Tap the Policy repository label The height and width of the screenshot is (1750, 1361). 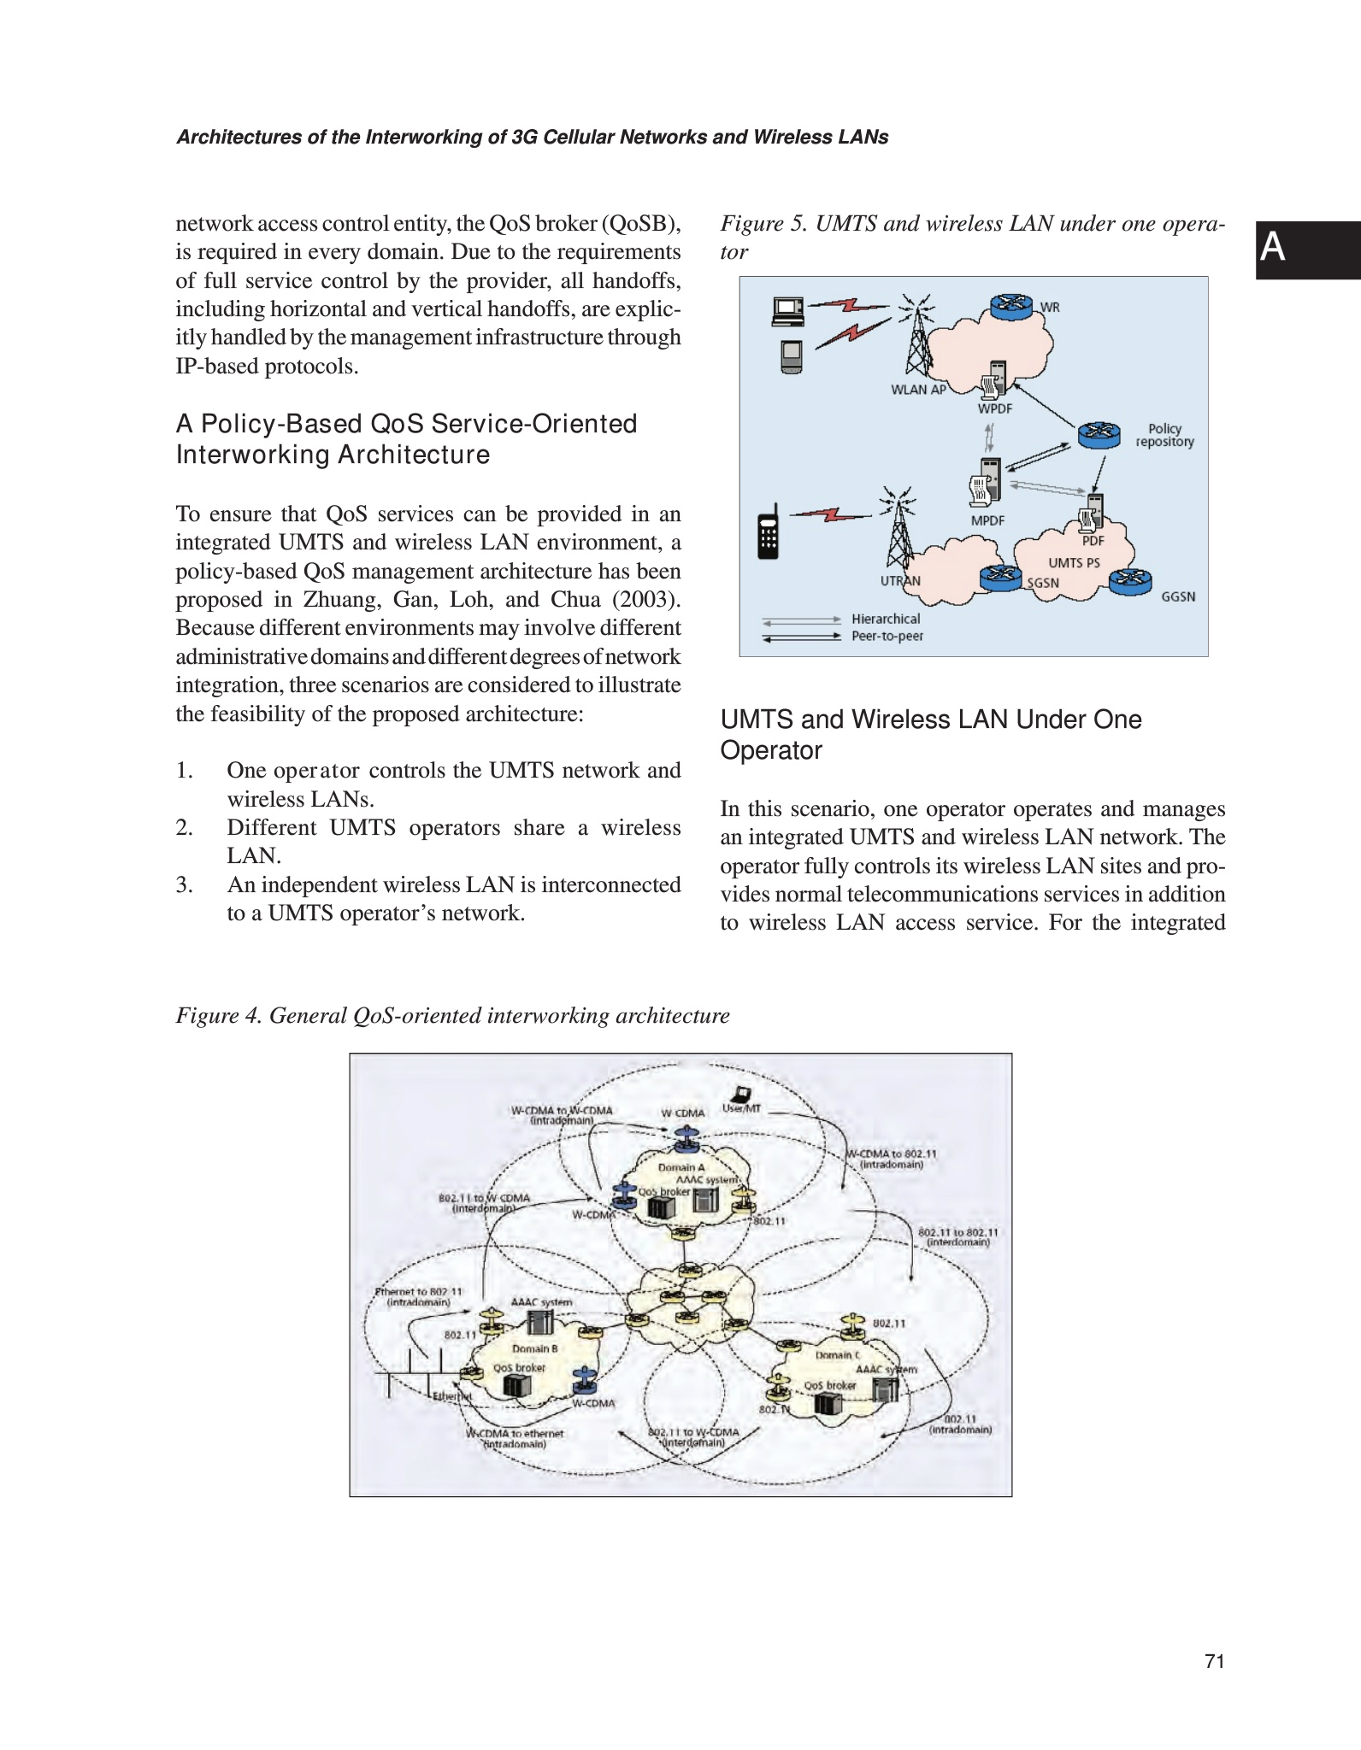click(1164, 435)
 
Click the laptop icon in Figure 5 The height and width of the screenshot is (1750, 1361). click(787, 311)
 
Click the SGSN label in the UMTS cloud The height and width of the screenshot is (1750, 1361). click(1043, 583)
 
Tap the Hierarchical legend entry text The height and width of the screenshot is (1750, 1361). click(886, 619)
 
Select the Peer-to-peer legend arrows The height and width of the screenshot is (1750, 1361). click(801, 637)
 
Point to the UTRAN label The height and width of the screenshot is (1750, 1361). click(900, 581)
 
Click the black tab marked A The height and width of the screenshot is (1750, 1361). click(1307, 250)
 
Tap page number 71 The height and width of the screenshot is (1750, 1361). click(1214, 1661)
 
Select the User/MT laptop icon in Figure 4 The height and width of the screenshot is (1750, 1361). click(739, 1094)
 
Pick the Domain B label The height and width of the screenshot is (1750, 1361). click(534, 1348)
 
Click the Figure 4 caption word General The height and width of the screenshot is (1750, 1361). click(307, 1015)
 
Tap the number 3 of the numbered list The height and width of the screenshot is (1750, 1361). click(185, 884)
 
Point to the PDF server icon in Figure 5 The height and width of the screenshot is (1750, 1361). click(1090, 515)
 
